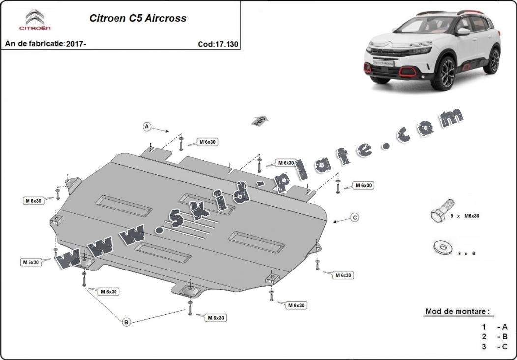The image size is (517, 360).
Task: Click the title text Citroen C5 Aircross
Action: tap(138, 19)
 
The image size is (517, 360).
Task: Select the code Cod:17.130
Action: tap(218, 44)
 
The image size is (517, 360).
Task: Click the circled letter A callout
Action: tap(146, 127)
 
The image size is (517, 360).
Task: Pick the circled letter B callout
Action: tap(126, 322)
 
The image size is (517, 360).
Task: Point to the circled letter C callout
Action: tap(354, 217)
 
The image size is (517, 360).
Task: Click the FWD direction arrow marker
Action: tap(260, 121)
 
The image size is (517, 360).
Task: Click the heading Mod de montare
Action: tap(458, 311)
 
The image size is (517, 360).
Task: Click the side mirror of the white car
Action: tap(462, 32)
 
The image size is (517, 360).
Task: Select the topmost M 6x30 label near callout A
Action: tap(207, 142)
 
